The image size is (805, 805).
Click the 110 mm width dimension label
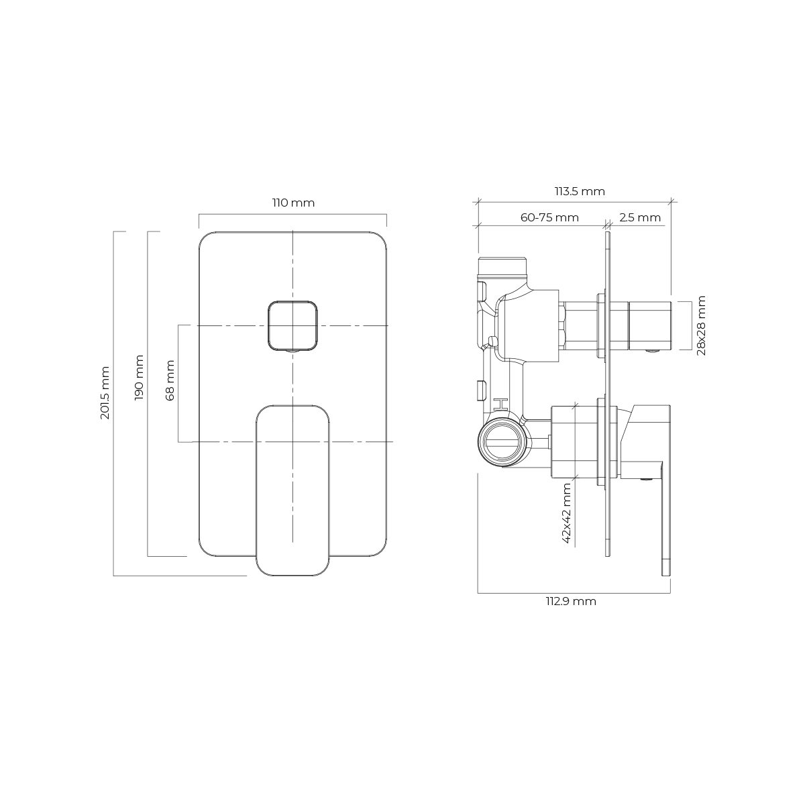coord(293,203)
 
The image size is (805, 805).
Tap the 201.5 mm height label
coord(105,392)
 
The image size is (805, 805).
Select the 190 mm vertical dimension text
coord(139,378)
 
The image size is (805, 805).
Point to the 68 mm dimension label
coord(170,380)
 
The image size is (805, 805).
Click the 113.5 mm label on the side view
coord(580,191)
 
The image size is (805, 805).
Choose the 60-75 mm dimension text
coord(549,217)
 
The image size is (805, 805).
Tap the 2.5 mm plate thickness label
coord(639,217)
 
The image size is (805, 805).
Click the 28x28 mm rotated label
coord(702,326)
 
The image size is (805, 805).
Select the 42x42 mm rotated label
coord(567,513)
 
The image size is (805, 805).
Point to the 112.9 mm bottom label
coord(571,602)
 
